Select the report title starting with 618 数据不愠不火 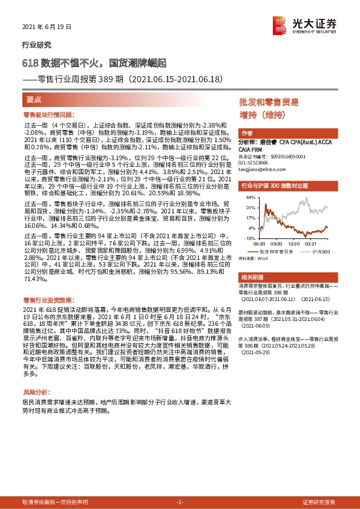[x=98, y=62]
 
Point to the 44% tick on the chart [x=250, y=197]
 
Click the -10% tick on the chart [x=250, y=238]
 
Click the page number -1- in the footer [x=180, y=502]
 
